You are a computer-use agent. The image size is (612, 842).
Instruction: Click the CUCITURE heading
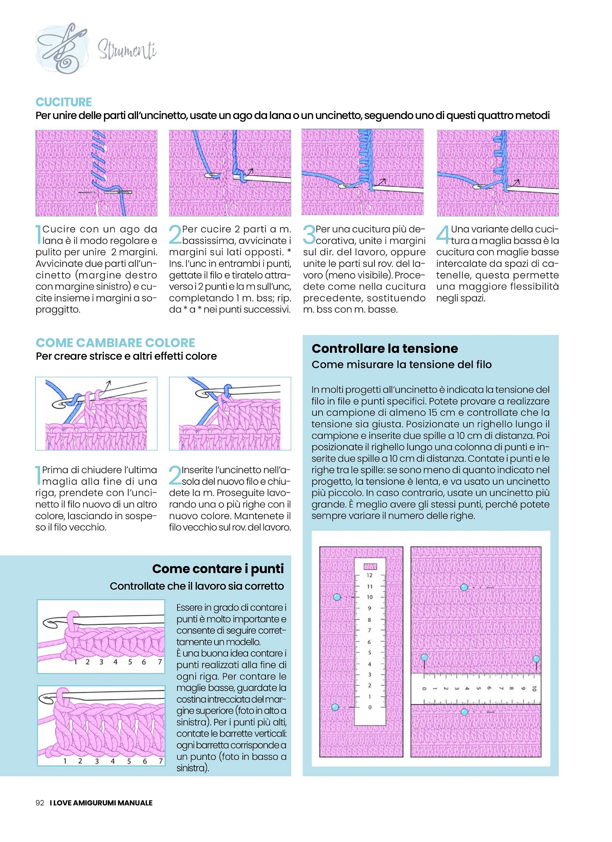[x=64, y=102]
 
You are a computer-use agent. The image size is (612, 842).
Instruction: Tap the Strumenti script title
[x=127, y=50]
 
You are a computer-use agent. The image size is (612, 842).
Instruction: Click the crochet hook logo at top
[x=63, y=48]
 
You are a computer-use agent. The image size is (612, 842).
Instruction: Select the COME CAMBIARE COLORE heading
[x=115, y=342]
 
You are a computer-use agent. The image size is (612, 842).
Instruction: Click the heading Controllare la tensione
[x=384, y=348]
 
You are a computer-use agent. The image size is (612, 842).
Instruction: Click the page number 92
[x=40, y=803]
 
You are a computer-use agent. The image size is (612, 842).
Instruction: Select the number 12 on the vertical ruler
[x=369, y=575]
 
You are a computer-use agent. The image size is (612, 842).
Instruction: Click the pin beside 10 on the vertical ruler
[x=337, y=597]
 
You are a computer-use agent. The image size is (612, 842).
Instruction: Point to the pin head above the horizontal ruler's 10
[x=536, y=659]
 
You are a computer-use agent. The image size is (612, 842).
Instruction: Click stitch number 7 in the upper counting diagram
[x=160, y=662]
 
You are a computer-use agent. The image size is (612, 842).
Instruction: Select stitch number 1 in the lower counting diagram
[x=65, y=761]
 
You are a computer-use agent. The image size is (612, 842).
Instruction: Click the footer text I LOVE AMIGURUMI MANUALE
[x=101, y=803]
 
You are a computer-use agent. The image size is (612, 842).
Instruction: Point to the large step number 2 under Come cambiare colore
[x=175, y=475]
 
